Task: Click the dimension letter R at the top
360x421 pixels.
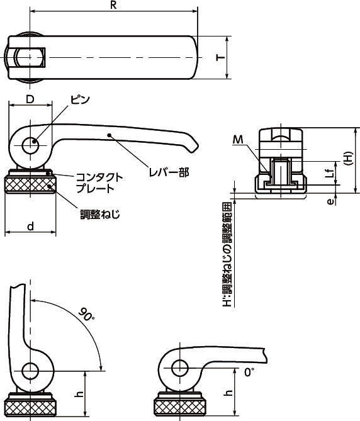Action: [113, 6]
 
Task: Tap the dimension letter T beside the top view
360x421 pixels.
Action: [221, 57]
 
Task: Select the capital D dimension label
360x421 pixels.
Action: [30, 99]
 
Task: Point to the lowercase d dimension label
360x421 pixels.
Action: [31, 227]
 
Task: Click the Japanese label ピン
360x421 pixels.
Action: [80, 100]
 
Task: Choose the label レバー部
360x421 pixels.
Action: [169, 172]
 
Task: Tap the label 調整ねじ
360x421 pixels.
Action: [100, 214]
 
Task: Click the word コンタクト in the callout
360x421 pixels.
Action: [99, 177]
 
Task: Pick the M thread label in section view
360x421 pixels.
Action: [238, 140]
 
